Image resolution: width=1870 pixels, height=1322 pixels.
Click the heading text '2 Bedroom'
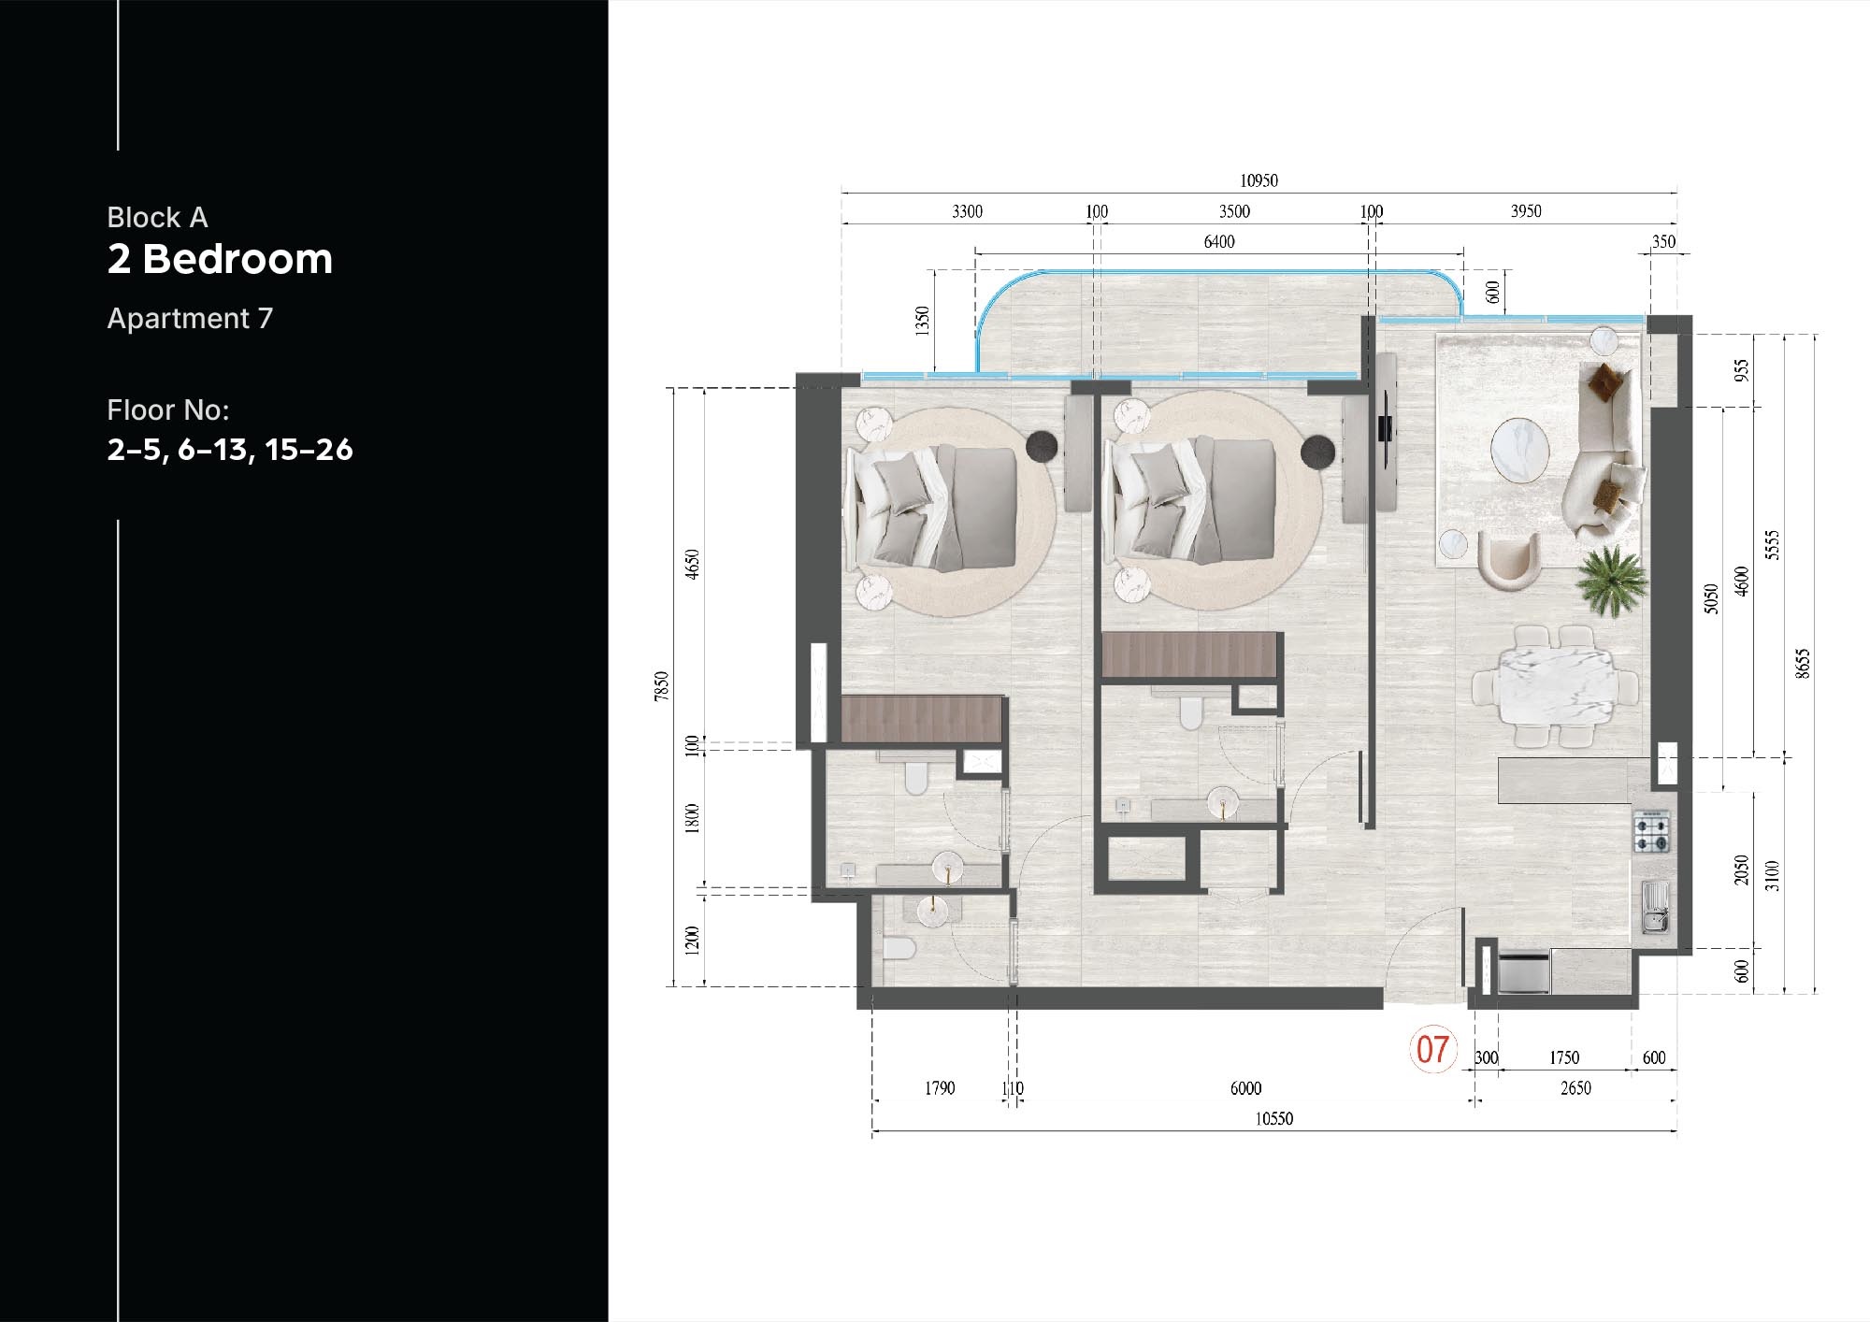[220, 259]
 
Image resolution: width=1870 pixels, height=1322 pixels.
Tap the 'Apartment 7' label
[190, 319]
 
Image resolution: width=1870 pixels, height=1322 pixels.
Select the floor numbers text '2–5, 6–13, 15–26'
[230, 450]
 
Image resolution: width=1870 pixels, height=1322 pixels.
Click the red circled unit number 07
[1432, 1049]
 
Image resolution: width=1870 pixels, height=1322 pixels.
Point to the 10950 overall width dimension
[1259, 180]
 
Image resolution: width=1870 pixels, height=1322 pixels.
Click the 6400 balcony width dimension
[1218, 242]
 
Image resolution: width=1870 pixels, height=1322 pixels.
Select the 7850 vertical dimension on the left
[662, 686]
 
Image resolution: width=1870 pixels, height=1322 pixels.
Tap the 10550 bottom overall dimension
[1273, 1119]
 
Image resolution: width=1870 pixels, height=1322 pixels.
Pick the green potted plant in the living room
[1611, 582]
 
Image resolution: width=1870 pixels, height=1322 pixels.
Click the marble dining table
[1556, 687]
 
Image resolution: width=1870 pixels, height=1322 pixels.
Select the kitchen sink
[1655, 908]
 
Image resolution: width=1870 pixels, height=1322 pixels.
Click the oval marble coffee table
[1519, 450]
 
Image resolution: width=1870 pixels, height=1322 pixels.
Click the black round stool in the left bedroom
[1042, 446]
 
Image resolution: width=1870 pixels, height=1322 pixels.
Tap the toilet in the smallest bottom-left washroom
[899, 949]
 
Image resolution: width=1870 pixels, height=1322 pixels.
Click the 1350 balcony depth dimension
[923, 321]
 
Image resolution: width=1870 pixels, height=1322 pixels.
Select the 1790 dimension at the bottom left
[940, 1088]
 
